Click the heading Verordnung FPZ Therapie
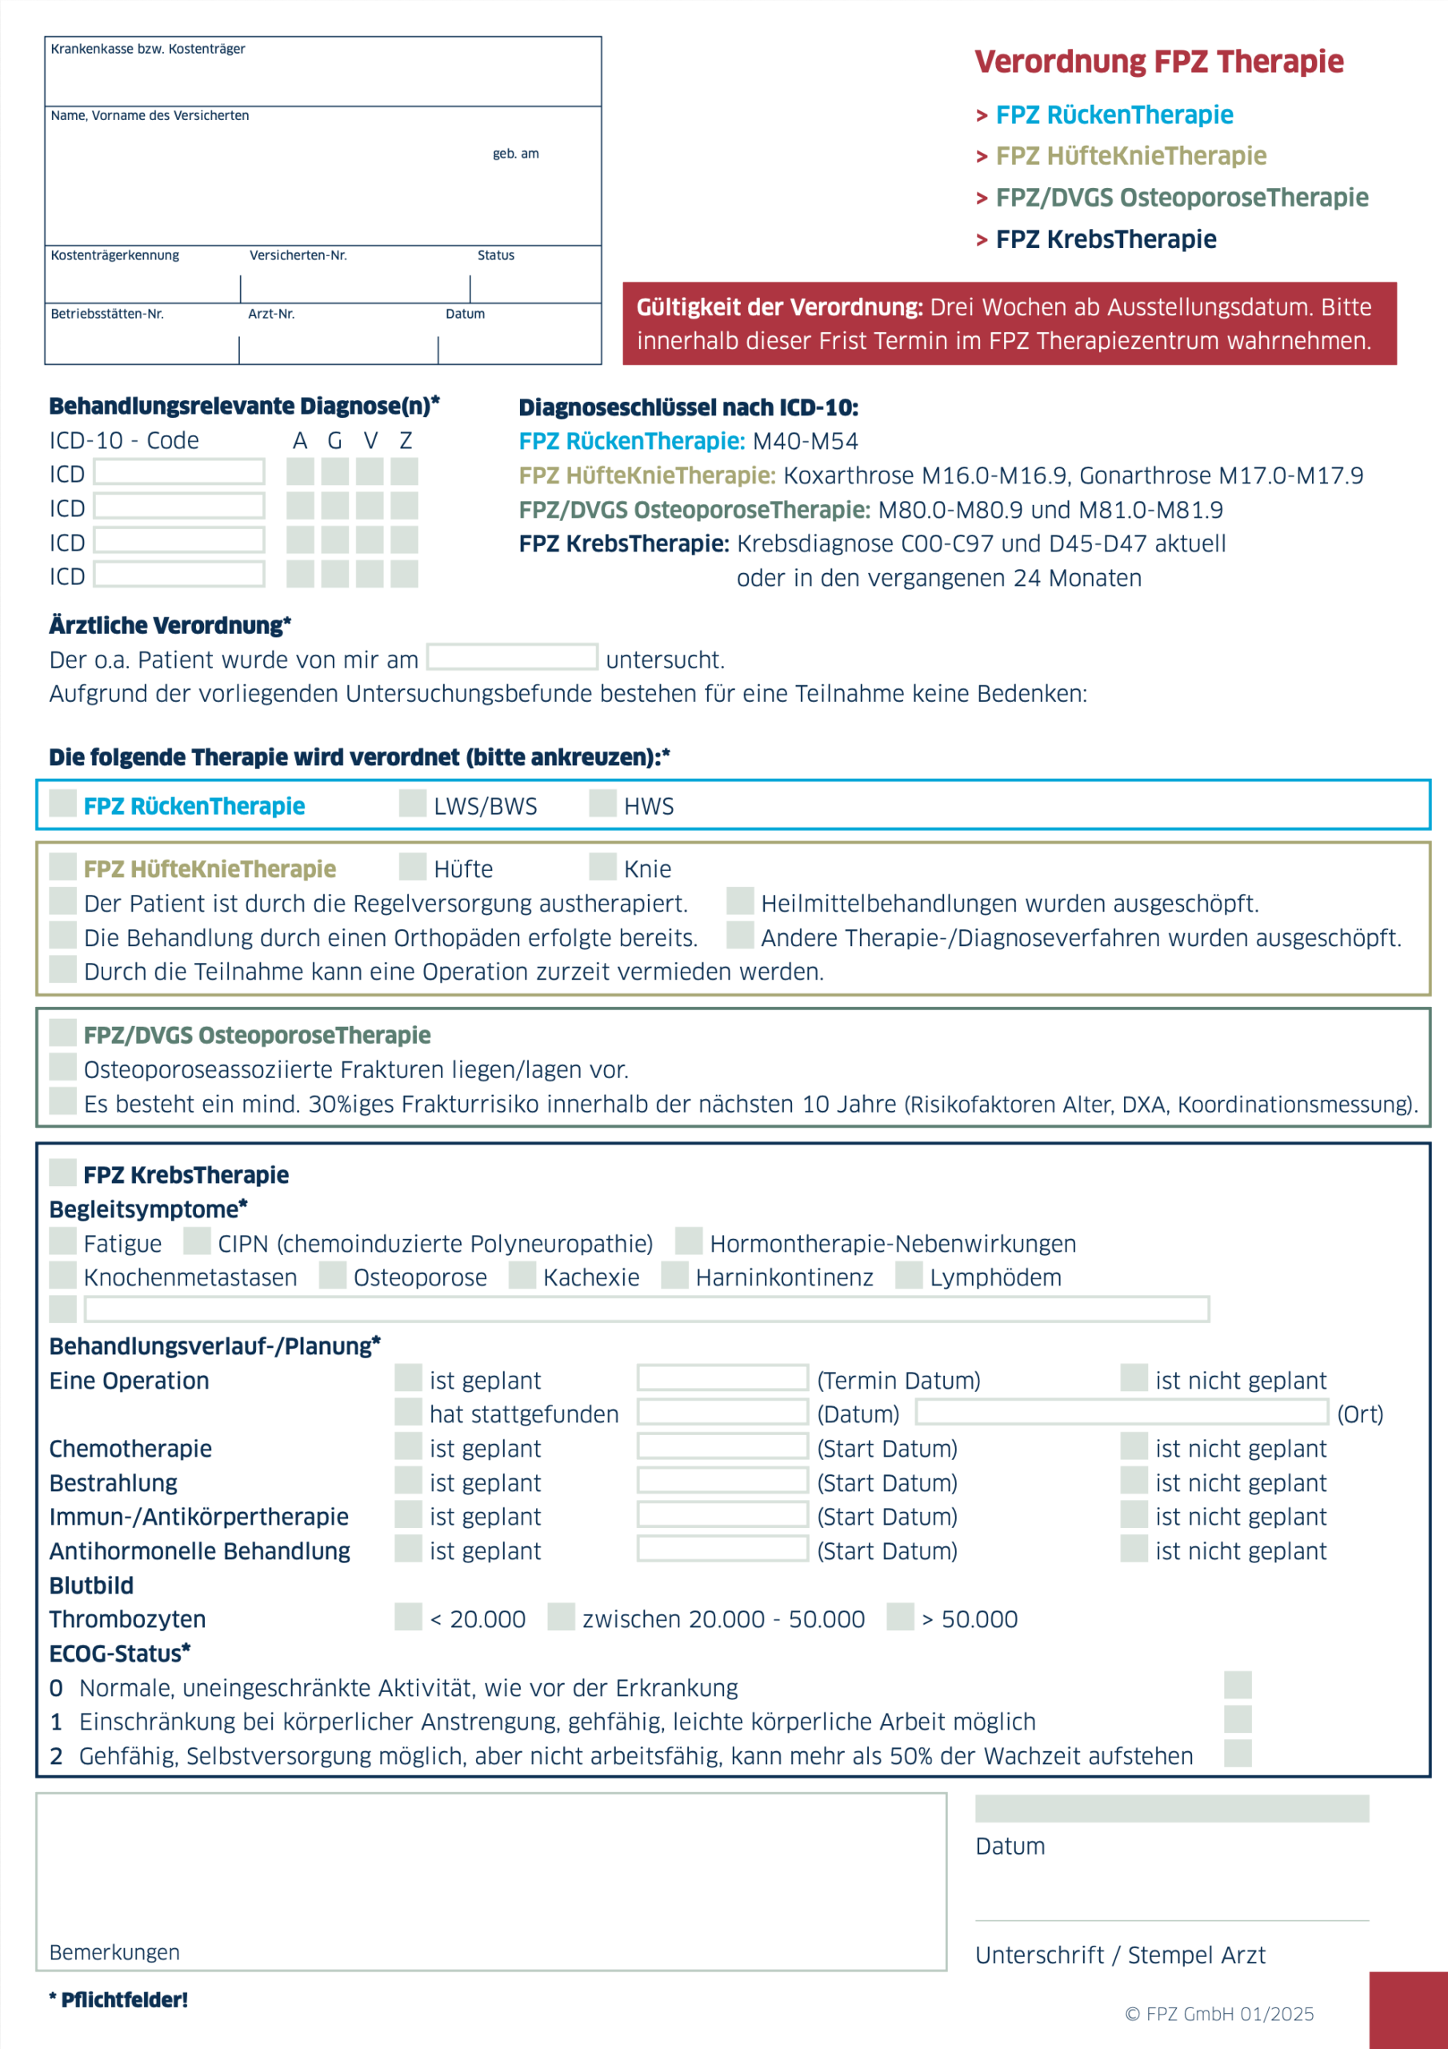click(x=1158, y=62)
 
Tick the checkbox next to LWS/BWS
click(x=412, y=803)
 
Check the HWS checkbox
click(x=602, y=803)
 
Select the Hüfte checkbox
click(x=412, y=866)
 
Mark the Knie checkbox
click(x=602, y=866)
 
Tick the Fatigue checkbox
click(x=62, y=1241)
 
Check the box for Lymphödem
click(x=908, y=1274)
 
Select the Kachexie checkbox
click(x=522, y=1274)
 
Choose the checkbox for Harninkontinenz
click(x=674, y=1274)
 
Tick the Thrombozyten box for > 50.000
click(x=900, y=1616)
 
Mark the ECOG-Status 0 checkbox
click(x=1238, y=1685)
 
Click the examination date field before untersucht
click(x=511, y=657)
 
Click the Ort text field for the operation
click(x=1122, y=1412)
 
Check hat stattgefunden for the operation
click(x=409, y=1412)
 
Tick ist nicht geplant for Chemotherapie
click(x=1134, y=1446)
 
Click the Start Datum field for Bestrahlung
click(x=722, y=1481)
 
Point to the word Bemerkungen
click(x=114, y=1953)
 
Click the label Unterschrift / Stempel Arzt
click(x=1120, y=1955)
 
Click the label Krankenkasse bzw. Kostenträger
click(x=148, y=49)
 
